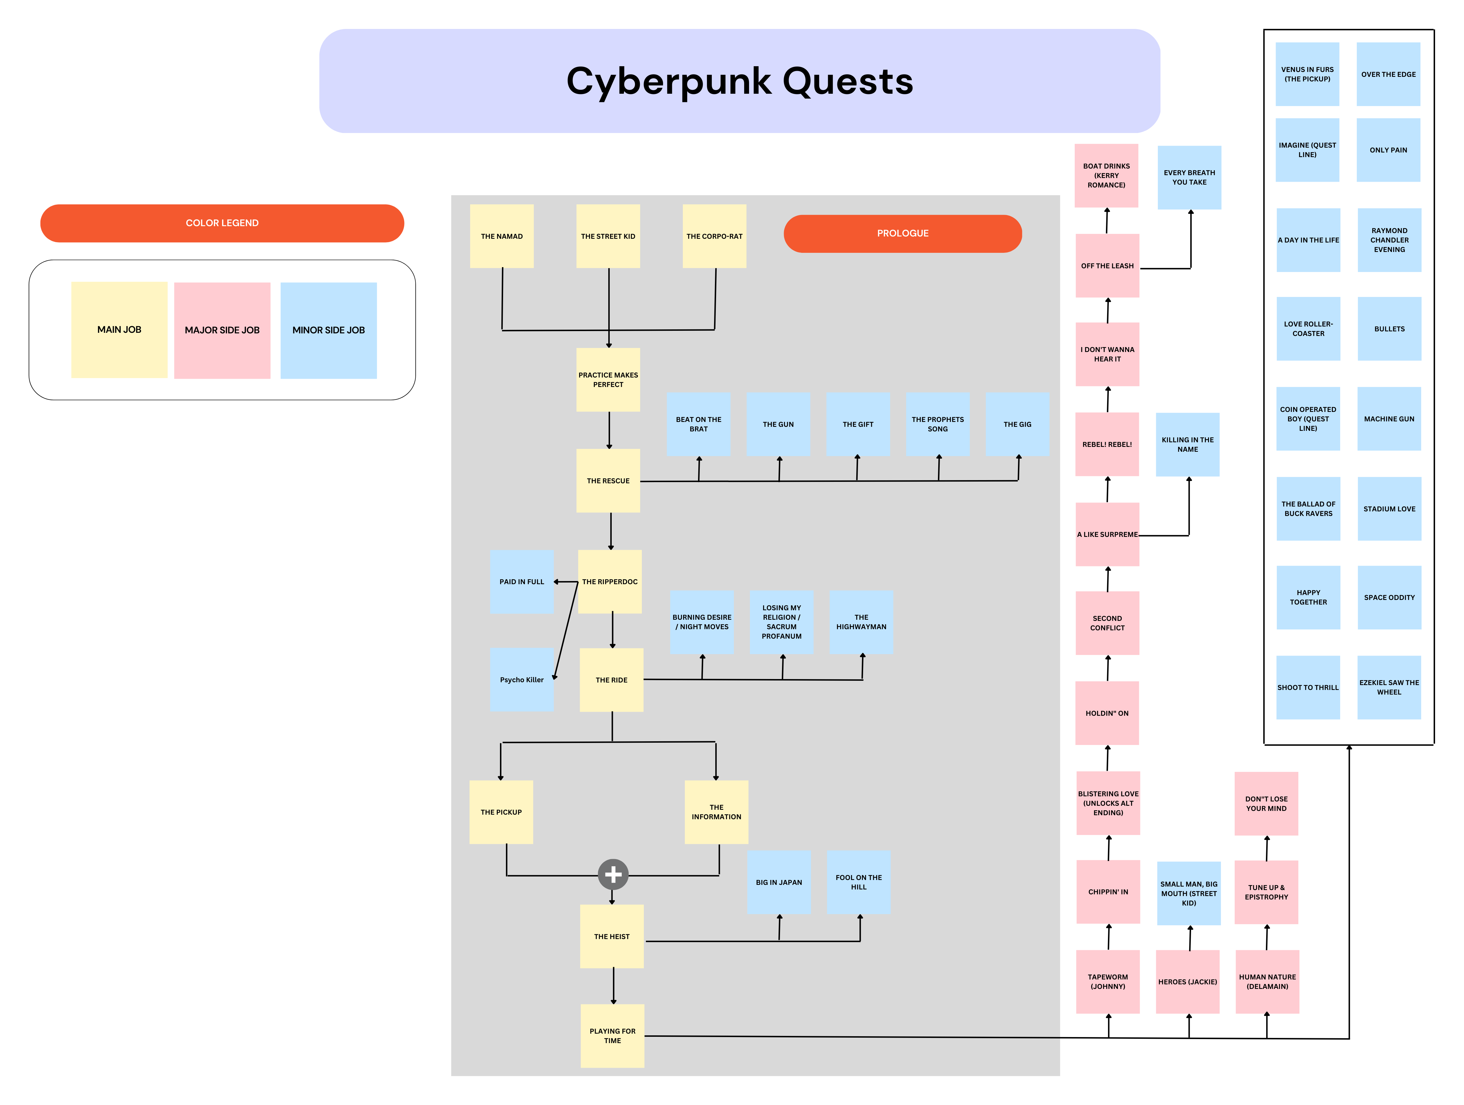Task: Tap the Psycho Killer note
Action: pos(521,680)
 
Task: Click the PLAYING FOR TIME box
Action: pos(612,1036)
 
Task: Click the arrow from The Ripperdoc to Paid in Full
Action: pos(566,582)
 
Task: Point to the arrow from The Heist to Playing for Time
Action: pos(613,986)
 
